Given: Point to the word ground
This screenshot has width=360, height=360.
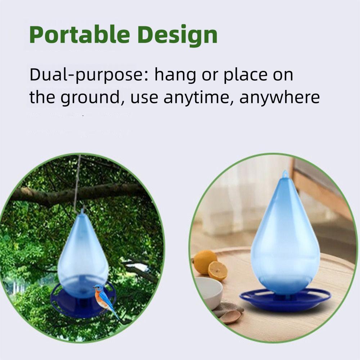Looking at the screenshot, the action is tap(90, 98).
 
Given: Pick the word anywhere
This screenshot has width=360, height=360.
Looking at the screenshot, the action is tap(279, 98).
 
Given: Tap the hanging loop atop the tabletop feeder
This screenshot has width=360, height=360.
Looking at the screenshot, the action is tap(285, 174).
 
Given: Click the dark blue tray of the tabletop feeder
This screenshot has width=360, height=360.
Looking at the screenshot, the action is tap(285, 300).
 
